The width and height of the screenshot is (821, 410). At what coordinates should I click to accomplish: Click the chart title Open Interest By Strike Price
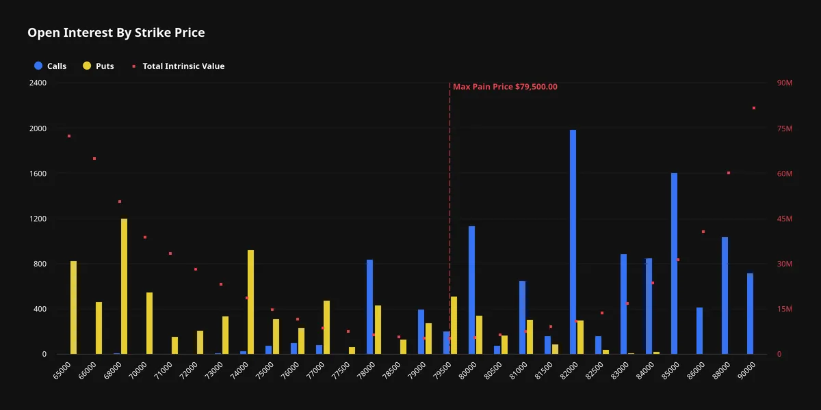click(116, 33)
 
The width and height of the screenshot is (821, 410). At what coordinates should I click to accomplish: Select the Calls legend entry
click(50, 66)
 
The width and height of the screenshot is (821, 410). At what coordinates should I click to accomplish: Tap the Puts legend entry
click(99, 66)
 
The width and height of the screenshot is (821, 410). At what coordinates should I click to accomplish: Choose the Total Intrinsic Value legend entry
click(179, 66)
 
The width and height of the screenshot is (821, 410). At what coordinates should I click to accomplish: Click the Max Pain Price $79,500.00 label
click(505, 87)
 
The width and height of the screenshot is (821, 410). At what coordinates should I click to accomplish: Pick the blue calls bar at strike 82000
click(573, 242)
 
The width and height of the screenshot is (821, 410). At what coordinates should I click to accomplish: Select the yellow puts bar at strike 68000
click(125, 286)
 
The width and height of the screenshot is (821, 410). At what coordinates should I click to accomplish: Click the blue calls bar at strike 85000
click(675, 264)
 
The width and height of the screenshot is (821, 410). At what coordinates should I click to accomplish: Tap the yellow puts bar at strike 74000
click(250, 302)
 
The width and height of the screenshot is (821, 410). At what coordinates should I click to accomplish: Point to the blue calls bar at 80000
click(471, 290)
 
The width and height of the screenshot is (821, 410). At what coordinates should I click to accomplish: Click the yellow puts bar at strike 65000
click(74, 307)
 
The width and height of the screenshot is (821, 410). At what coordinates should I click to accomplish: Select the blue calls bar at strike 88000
click(725, 295)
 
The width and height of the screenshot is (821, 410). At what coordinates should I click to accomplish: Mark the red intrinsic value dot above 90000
click(754, 108)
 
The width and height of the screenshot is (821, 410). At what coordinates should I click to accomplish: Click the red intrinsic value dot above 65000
click(69, 136)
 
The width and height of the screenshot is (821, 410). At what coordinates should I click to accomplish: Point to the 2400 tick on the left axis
click(38, 83)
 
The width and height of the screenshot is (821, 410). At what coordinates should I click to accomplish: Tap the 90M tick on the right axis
click(785, 83)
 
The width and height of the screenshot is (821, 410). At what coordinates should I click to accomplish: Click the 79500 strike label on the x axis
click(443, 370)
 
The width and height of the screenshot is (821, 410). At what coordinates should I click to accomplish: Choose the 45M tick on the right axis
click(785, 219)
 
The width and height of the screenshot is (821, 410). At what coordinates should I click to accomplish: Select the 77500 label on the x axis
click(341, 370)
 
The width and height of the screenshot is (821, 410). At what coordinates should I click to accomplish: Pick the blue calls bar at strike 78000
click(370, 307)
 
